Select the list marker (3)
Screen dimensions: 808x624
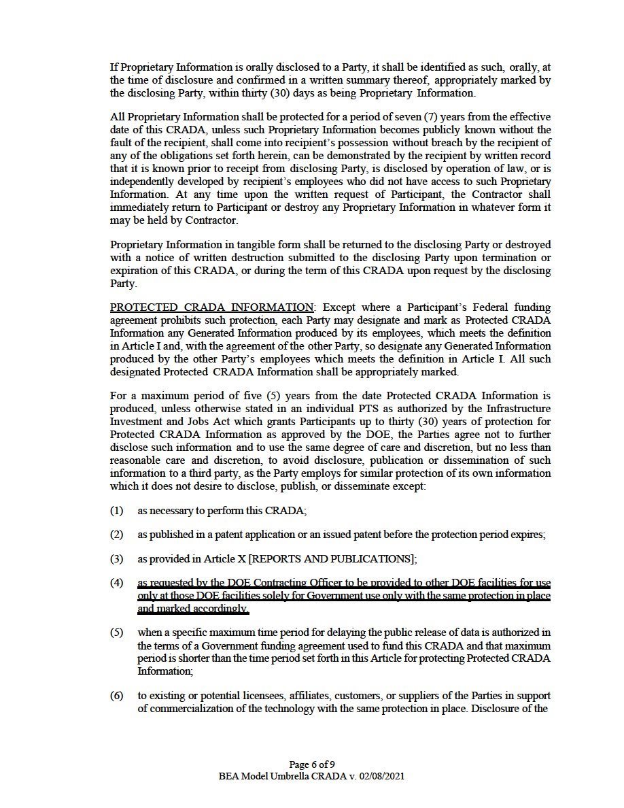pyautogui.click(x=116, y=558)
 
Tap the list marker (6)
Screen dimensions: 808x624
pyautogui.click(x=116, y=696)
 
